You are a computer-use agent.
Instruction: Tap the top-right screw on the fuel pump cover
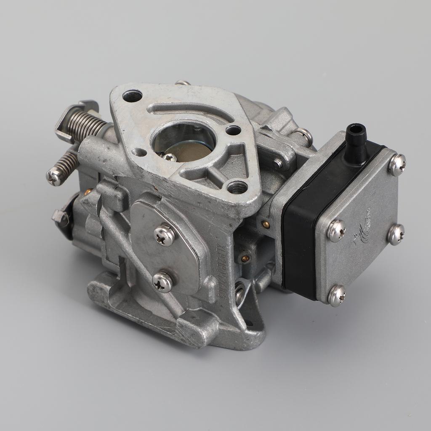point(397,164)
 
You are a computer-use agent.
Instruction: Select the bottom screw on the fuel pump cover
point(337,295)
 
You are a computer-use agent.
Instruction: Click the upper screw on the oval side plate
point(165,235)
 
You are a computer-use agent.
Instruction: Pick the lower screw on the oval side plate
point(162,282)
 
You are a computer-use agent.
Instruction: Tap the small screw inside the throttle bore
point(170,157)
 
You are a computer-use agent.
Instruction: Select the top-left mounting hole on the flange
point(132,96)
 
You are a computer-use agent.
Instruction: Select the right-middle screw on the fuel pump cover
point(396,234)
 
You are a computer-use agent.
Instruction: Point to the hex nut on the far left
point(60,217)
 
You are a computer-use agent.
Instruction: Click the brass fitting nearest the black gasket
point(266,224)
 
